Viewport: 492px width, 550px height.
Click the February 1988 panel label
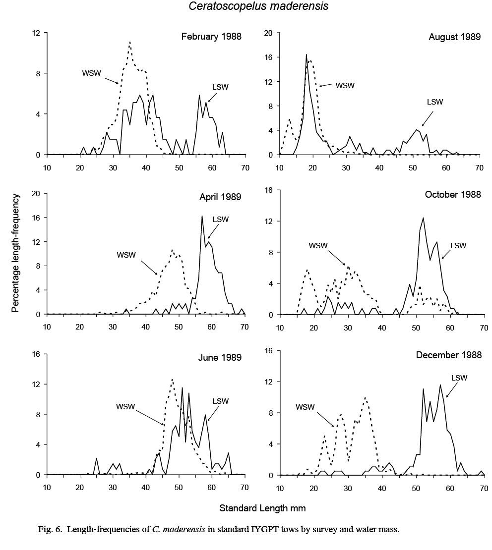pyautogui.click(x=211, y=37)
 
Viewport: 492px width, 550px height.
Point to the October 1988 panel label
pyautogui.click(x=453, y=194)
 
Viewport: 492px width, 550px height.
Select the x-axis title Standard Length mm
pyautogui.click(x=262, y=508)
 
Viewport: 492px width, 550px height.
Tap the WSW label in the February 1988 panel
pyautogui.click(x=92, y=73)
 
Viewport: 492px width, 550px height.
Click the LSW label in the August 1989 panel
pyautogui.click(x=434, y=102)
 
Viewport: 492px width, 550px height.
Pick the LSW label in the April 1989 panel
pyautogui.click(x=221, y=220)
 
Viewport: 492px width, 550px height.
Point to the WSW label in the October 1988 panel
pyautogui.click(x=318, y=245)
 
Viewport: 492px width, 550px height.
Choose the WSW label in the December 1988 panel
pyautogui.click(x=306, y=407)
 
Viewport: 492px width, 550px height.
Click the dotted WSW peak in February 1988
pyautogui.click(x=129, y=43)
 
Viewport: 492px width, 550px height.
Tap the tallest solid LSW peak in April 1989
pyautogui.click(x=202, y=216)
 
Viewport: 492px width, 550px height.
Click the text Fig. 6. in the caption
pyautogui.click(x=50, y=530)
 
